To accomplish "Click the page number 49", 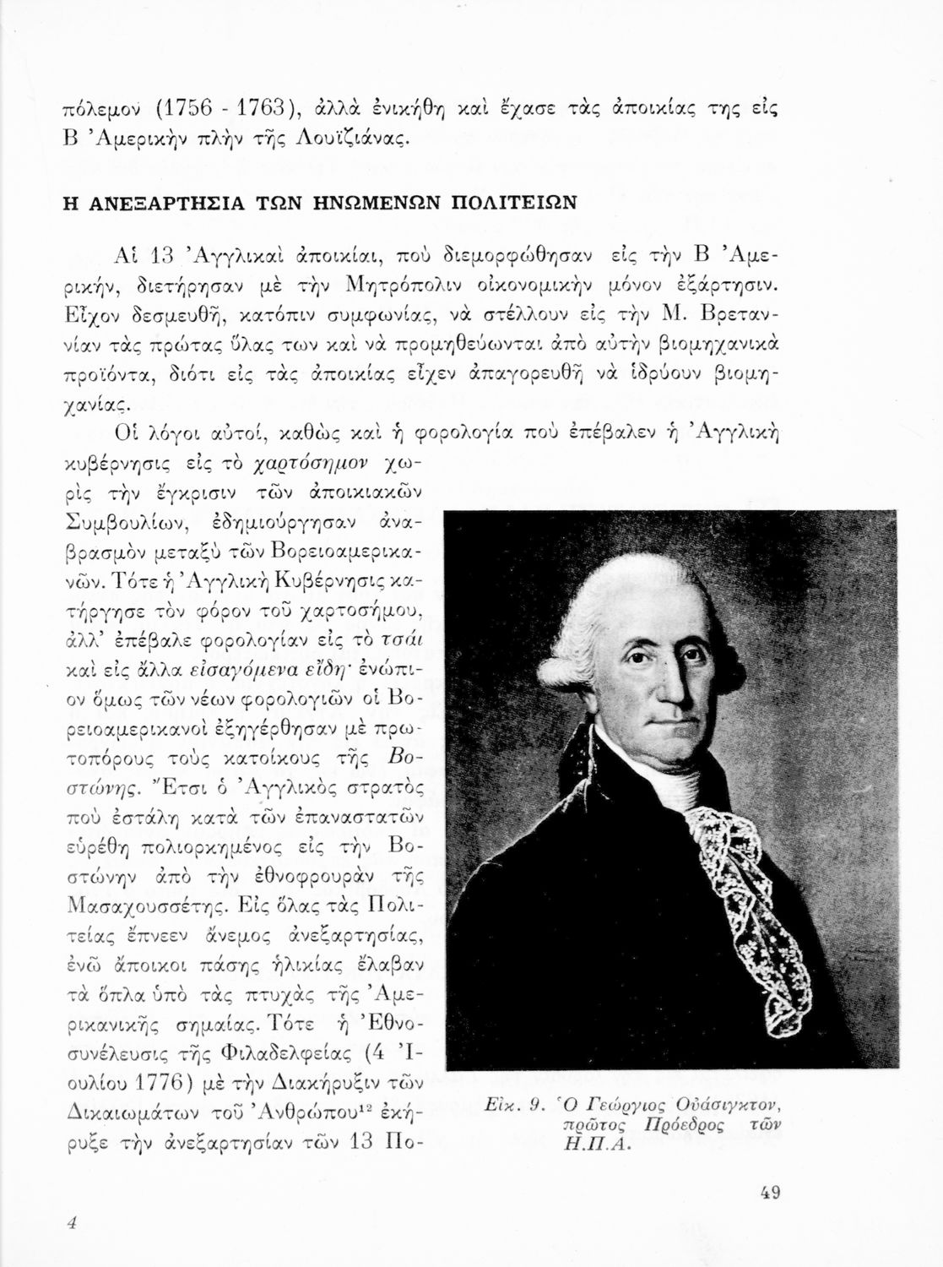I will (769, 1193).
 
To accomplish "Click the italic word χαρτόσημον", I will (314, 465).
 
